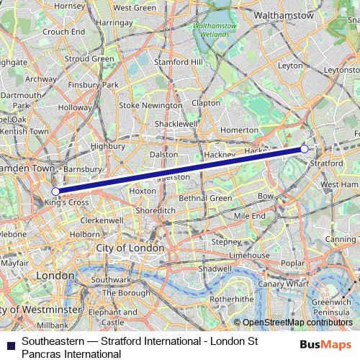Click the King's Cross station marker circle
55,192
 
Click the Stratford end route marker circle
305,148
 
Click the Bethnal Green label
205,198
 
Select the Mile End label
250,215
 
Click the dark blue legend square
9,346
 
